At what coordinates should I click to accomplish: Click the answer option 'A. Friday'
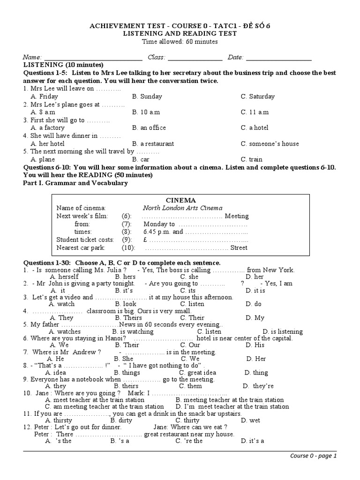(x=45, y=97)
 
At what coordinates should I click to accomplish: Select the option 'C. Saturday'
(x=258, y=97)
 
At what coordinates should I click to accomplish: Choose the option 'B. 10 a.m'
(x=146, y=112)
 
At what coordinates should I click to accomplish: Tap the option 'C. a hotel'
(x=255, y=128)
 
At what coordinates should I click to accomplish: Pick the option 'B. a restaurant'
(x=153, y=144)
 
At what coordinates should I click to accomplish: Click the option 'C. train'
(x=252, y=159)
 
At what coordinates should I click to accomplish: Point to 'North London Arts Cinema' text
(x=183, y=208)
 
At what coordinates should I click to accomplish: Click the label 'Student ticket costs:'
(x=85, y=240)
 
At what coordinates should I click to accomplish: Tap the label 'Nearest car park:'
(x=81, y=247)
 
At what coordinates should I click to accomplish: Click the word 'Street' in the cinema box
(x=239, y=247)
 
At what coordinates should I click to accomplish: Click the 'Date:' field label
(x=236, y=57)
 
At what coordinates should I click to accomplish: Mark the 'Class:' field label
(x=157, y=57)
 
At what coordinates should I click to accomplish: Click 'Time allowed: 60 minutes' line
(x=180, y=42)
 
